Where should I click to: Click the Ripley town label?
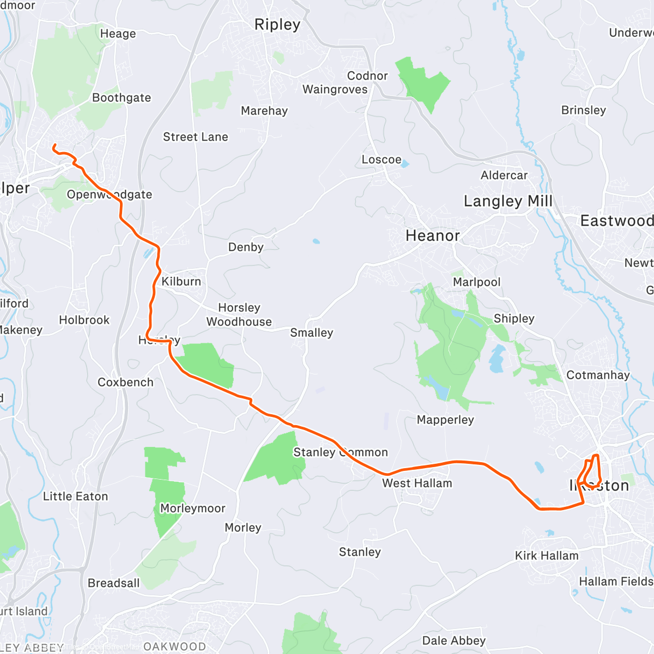pyautogui.click(x=277, y=25)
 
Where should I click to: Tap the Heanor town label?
pyautogui.click(x=433, y=235)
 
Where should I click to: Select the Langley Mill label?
pyautogui.click(x=507, y=201)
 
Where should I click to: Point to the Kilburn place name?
pyautogui.click(x=181, y=281)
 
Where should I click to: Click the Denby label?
pyautogui.click(x=246, y=247)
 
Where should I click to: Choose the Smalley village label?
pyautogui.click(x=311, y=332)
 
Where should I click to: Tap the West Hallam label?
pyautogui.click(x=417, y=483)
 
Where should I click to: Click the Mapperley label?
pyautogui.click(x=445, y=420)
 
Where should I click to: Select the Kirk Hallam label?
pyautogui.click(x=547, y=555)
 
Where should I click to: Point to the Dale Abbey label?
pyautogui.click(x=454, y=640)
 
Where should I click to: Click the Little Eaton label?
pyautogui.click(x=76, y=496)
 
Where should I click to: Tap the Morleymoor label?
pyautogui.click(x=192, y=508)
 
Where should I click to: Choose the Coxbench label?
pyautogui.click(x=125, y=382)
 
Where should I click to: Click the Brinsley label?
pyautogui.click(x=583, y=110)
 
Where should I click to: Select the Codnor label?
pyautogui.click(x=367, y=76)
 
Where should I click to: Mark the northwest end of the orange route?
pyautogui.click(x=53, y=146)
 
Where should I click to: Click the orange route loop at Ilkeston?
pyautogui.click(x=591, y=471)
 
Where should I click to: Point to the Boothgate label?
pyautogui.click(x=122, y=98)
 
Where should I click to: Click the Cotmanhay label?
pyautogui.click(x=598, y=375)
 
